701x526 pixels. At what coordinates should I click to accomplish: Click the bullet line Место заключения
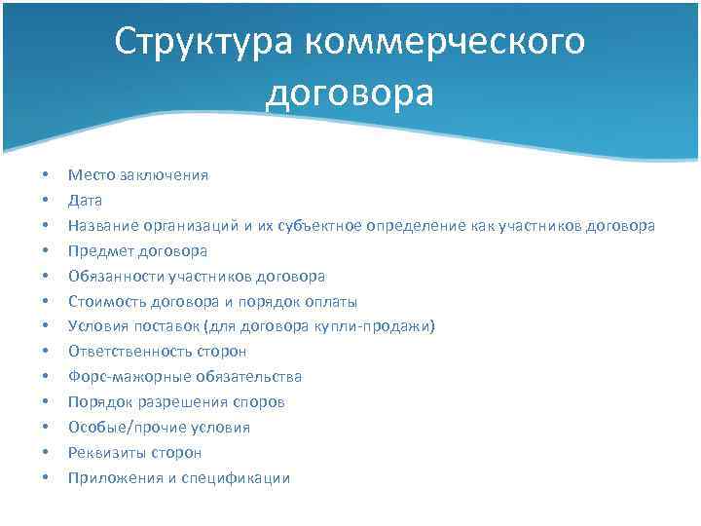pos(137,174)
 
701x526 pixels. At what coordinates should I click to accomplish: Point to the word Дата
pos(85,200)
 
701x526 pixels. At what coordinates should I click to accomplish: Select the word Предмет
pos(97,250)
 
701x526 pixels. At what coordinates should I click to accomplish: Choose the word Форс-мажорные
pos(122,377)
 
